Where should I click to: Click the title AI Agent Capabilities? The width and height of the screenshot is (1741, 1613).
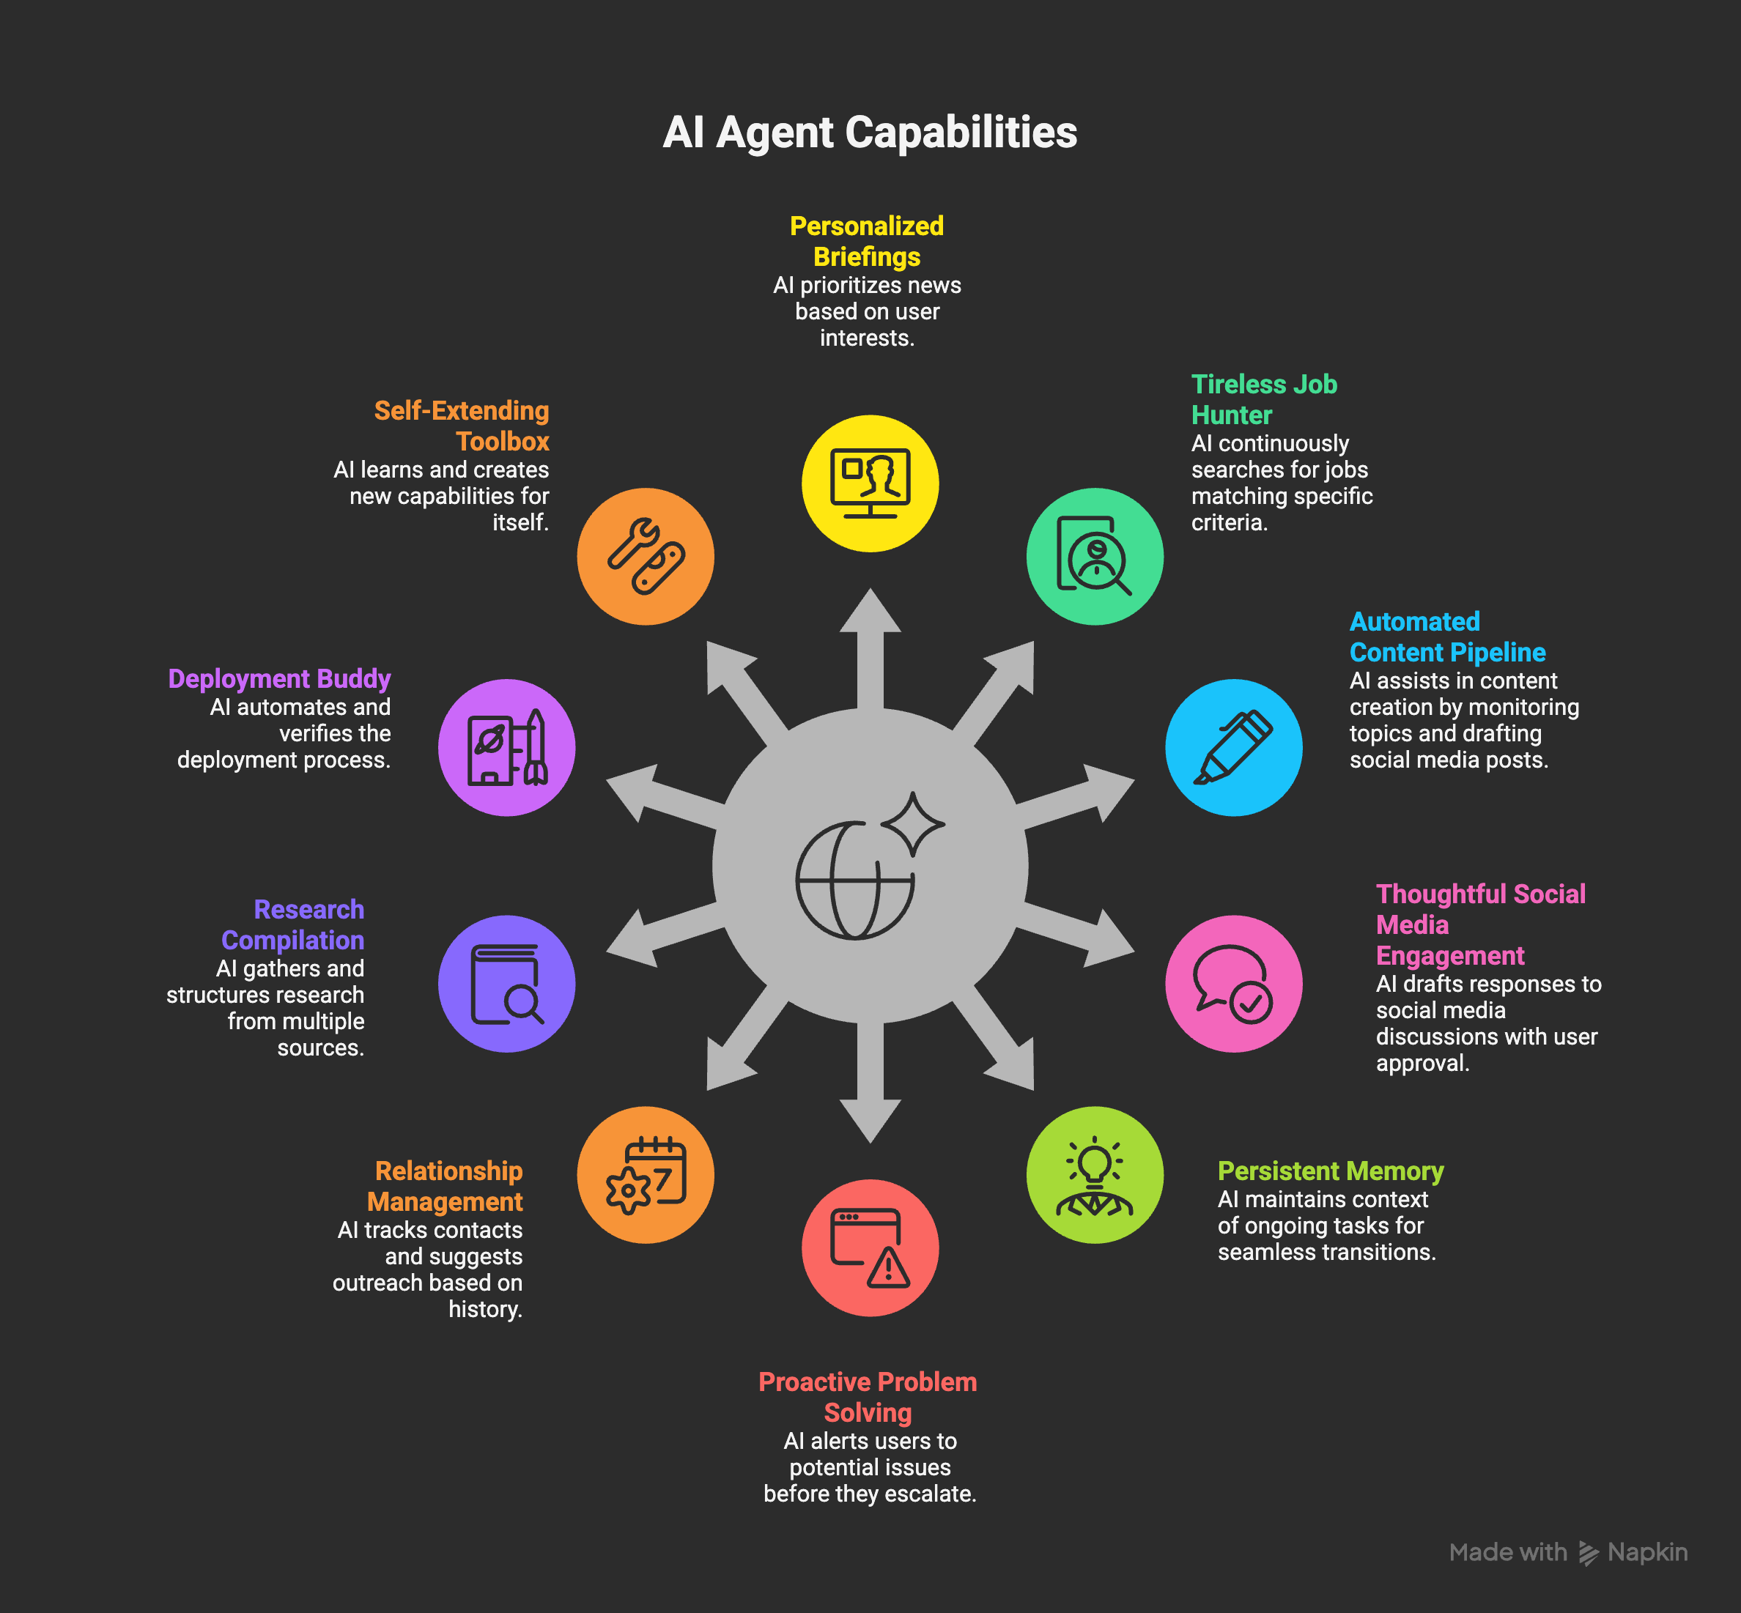(870, 133)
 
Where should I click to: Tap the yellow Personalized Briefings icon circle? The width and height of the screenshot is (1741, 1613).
(870, 483)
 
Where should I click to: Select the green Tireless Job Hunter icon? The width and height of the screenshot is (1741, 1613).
(1094, 557)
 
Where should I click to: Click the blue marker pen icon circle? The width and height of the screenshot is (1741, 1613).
(1233, 748)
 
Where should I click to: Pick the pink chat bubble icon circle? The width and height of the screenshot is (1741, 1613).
(1233, 984)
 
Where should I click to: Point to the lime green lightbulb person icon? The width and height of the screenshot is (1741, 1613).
(1094, 1175)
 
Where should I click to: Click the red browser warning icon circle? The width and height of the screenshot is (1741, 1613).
(870, 1248)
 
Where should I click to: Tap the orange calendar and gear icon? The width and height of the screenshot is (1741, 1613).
(646, 1175)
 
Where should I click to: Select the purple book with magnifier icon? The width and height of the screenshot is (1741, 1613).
(506, 984)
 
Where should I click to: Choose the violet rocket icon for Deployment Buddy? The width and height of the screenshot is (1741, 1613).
(506, 748)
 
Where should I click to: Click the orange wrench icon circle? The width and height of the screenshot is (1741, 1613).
(646, 557)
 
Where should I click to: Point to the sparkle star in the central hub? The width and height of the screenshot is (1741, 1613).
(912, 823)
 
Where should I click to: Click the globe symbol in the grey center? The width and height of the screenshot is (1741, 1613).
(851, 881)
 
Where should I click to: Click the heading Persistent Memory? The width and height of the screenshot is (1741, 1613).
(1330, 1171)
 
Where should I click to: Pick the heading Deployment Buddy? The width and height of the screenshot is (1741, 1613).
(279, 679)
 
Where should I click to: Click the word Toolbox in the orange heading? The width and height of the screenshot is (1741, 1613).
(502, 442)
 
